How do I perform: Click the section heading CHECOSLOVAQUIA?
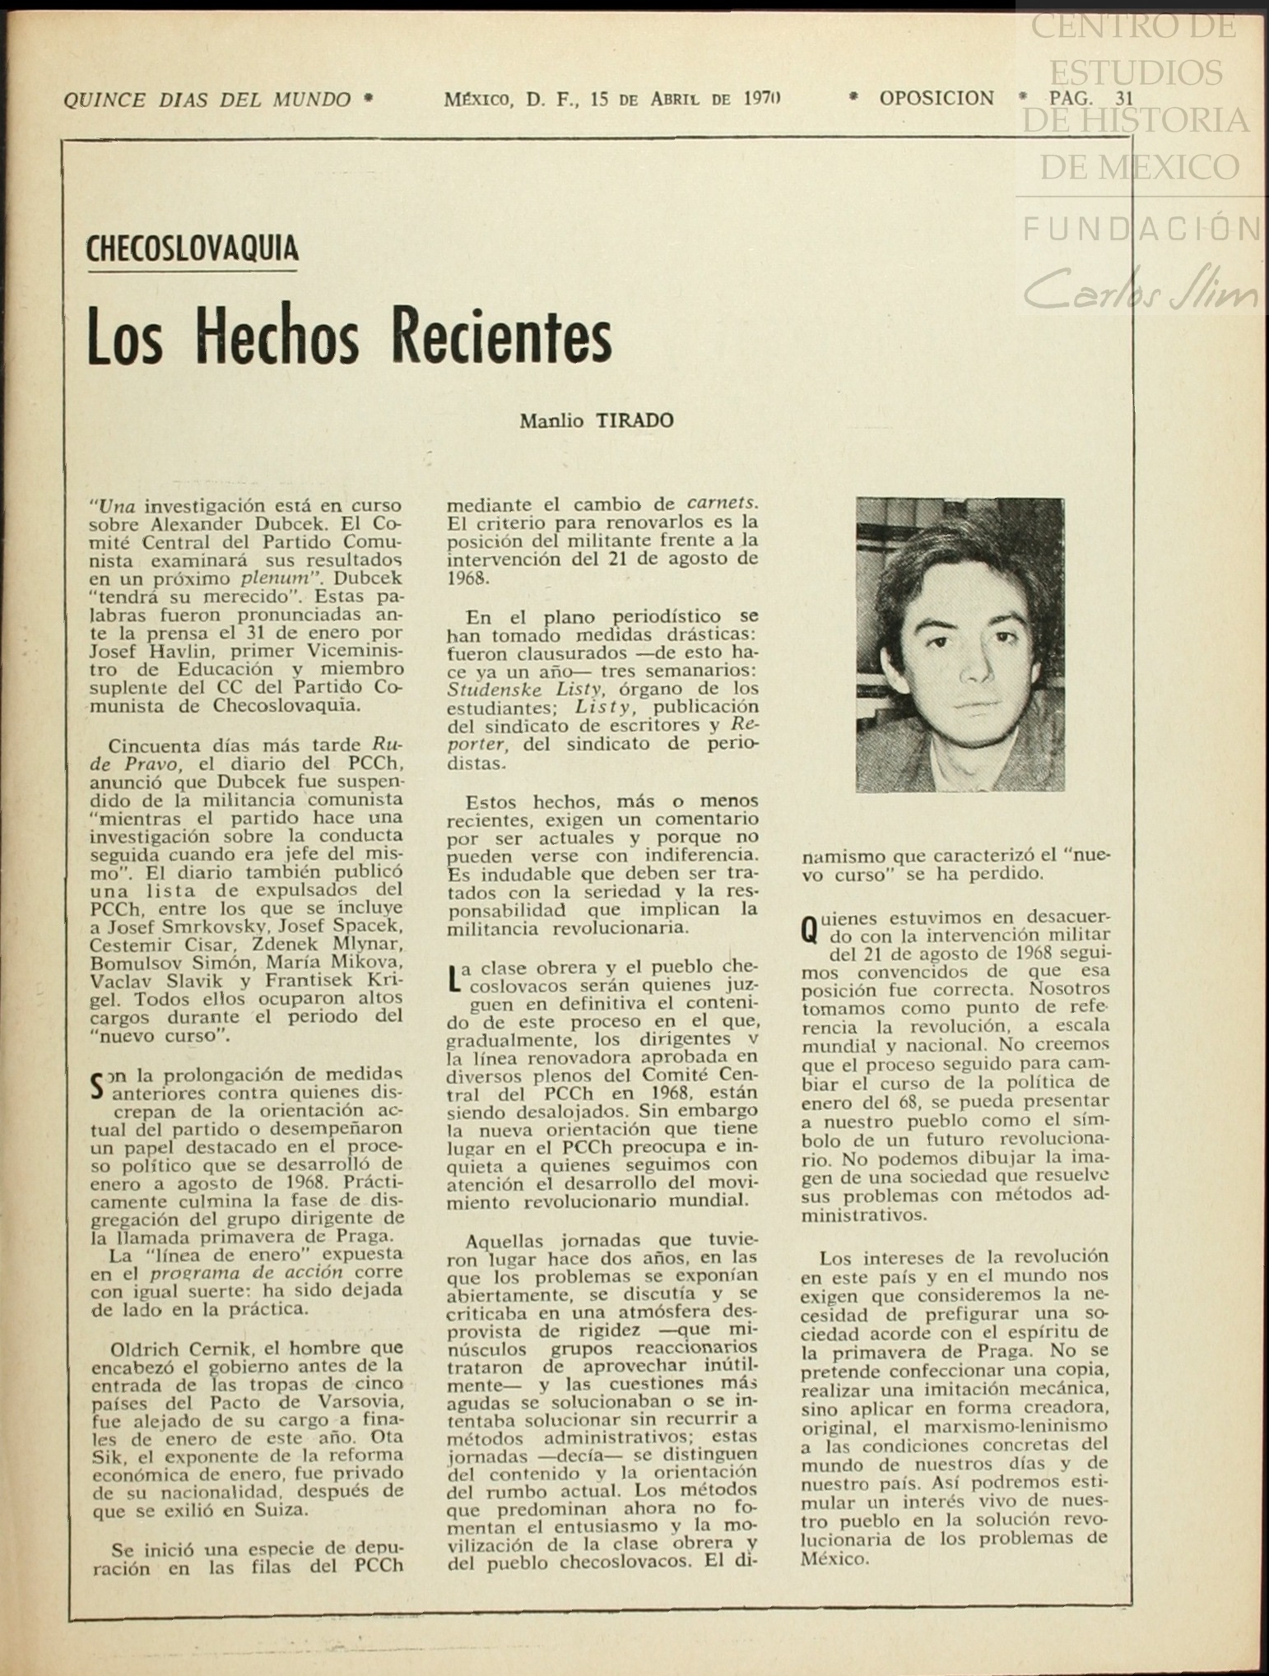(192, 248)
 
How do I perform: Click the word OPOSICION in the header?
(937, 99)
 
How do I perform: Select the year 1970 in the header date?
(761, 99)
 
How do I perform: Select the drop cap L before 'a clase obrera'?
(453, 977)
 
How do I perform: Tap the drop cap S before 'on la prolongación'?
(98, 1085)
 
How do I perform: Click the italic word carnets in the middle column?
(722, 503)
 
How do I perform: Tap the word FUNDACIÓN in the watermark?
(1141, 229)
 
